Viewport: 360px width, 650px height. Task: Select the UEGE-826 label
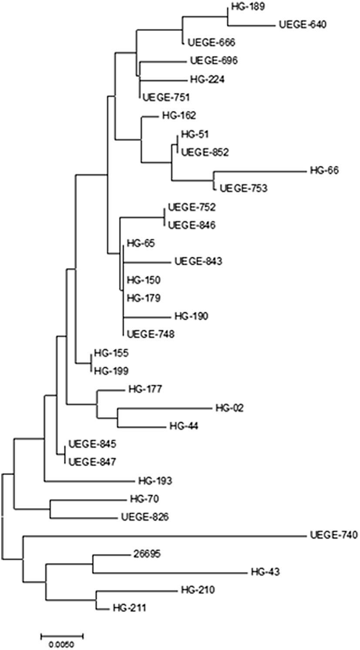(x=145, y=517)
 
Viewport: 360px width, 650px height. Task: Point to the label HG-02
(x=229, y=408)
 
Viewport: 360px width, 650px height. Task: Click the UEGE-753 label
(x=243, y=189)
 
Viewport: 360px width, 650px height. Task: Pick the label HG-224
(x=207, y=79)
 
